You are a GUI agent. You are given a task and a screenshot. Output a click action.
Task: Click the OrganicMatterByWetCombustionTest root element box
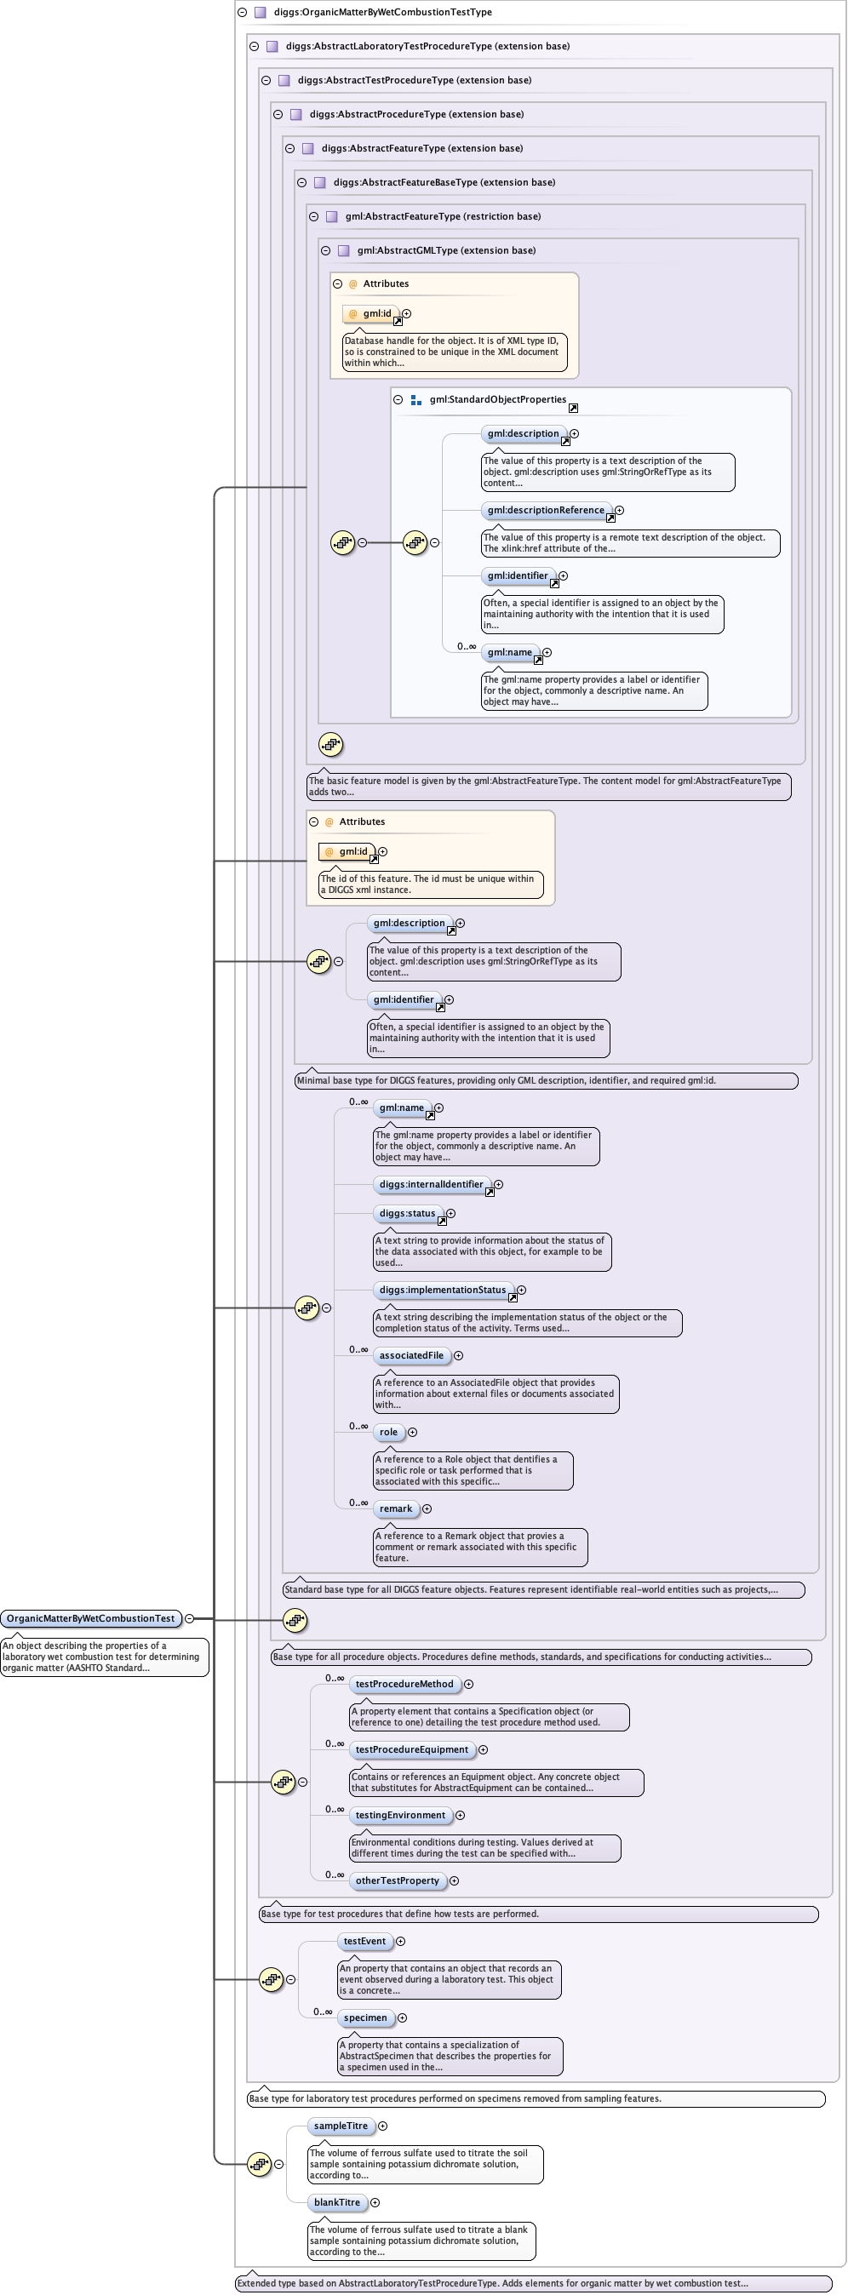(91, 1618)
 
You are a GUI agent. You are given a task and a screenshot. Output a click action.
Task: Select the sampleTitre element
(341, 2126)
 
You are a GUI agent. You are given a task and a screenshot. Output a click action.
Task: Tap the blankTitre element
(336, 2202)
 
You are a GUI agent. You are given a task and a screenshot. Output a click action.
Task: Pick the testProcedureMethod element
(404, 1684)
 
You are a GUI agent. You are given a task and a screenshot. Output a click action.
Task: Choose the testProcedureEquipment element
(411, 1749)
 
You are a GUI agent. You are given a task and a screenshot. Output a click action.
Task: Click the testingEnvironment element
(400, 1815)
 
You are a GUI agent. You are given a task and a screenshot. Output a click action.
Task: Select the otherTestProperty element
(398, 1880)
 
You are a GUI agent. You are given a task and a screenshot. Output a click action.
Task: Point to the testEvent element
(364, 1942)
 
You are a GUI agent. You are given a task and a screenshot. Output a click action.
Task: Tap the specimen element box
(365, 2018)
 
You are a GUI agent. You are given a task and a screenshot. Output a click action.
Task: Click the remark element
(396, 1508)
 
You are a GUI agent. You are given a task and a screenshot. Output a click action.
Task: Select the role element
(388, 1432)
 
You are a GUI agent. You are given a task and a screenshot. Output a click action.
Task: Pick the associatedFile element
(410, 1355)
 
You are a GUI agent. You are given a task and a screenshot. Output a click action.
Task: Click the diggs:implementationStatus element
(443, 1289)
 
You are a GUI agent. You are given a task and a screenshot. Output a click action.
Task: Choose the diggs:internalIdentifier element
(431, 1184)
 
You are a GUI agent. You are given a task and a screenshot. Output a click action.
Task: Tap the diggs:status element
(407, 1212)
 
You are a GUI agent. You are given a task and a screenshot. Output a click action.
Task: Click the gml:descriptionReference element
(545, 510)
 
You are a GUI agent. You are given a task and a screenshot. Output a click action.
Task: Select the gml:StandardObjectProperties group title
(497, 399)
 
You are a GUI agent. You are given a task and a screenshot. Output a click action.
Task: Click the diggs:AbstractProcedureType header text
(416, 114)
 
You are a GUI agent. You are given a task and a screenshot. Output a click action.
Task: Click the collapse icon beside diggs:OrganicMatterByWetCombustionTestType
(242, 13)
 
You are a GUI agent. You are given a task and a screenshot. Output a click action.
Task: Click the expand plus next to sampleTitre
(383, 2126)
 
